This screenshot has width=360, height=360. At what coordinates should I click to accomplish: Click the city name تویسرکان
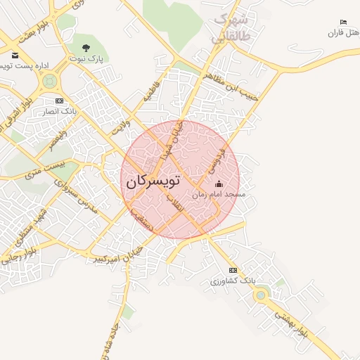[153, 181]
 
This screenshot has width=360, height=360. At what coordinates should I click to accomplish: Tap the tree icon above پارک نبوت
[86, 49]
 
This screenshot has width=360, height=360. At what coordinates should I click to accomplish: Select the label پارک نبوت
[86, 60]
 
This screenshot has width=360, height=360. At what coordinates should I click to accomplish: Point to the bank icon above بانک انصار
[58, 101]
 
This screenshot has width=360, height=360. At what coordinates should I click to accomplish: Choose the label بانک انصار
[60, 111]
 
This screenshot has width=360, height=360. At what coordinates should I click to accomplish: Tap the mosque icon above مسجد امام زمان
[218, 184]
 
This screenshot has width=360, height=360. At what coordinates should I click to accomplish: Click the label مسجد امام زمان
[219, 195]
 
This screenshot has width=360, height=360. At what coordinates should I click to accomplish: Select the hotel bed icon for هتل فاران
[343, 22]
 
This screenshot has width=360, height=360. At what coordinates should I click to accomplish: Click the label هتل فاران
[343, 33]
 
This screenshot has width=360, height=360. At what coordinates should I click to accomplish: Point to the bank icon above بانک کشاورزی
[233, 270]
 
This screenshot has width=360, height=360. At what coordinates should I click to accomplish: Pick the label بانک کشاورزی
[233, 281]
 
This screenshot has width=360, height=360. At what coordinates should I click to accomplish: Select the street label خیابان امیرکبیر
[120, 255]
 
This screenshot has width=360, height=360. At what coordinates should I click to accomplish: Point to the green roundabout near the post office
[49, 82]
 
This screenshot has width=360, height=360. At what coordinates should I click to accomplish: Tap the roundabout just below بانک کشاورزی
[261, 295]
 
